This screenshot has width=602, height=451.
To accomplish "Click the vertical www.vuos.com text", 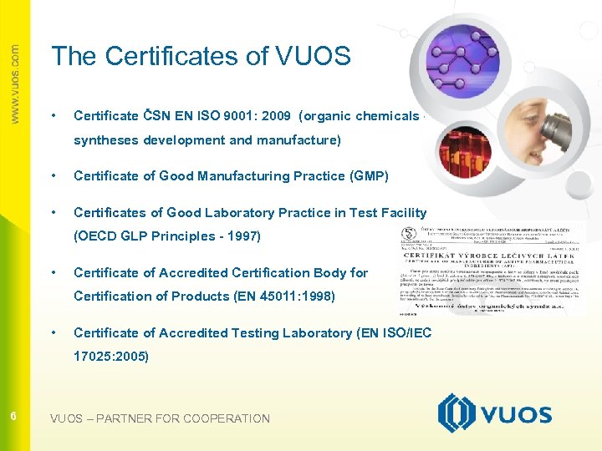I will coord(15,84).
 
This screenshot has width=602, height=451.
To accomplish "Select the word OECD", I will coord(99,236).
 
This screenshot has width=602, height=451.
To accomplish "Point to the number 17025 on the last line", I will coord(94,356).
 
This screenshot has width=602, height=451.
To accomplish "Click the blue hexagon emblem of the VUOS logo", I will coord(456,414).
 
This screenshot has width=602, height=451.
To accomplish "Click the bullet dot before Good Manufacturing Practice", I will coord(54,176).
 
